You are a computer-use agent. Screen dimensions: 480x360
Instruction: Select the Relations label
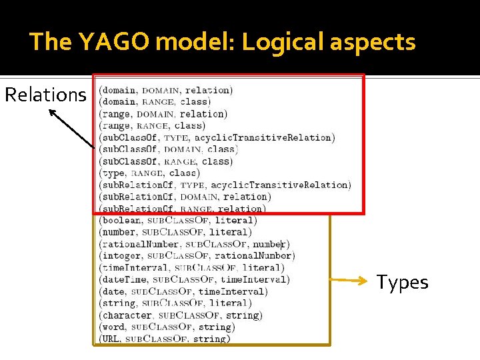(45, 95)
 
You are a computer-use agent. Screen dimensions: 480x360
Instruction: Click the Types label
(403, 282)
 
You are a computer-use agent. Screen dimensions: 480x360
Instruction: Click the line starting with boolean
(177, 220)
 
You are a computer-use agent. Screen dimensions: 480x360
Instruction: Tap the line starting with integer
(197, 255)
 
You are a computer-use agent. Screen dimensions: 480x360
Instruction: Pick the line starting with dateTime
(194, 279)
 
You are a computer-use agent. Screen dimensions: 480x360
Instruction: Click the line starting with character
(179, 315)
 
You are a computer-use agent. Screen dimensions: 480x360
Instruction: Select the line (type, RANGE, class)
(148, 173)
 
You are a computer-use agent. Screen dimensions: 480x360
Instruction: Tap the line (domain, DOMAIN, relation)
(165, 90)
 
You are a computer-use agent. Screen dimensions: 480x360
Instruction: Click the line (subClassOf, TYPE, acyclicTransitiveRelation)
(217, 137)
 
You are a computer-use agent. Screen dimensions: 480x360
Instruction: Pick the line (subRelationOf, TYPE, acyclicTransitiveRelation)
(225, 185)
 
